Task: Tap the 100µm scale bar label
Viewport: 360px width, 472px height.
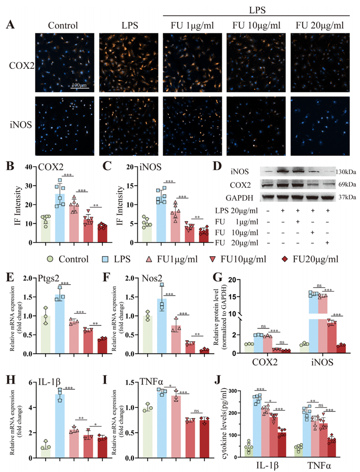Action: click(79, 85)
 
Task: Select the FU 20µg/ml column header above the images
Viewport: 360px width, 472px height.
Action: click(320, 26)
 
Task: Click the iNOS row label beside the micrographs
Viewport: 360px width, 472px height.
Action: click(21, 125)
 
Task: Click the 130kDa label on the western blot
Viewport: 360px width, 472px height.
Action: click(346, 172)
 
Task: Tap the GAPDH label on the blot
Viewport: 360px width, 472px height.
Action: click(239, 198)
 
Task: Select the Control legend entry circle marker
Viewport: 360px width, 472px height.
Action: click(50, 259)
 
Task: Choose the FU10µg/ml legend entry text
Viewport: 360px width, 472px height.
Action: click(243, 259)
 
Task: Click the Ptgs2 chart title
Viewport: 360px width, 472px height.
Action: click(49, 279)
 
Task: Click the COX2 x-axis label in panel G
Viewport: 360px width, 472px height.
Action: click(265, 363)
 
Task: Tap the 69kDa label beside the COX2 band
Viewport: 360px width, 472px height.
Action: click(347, 184)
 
